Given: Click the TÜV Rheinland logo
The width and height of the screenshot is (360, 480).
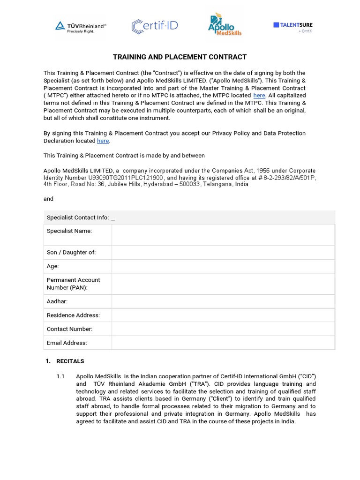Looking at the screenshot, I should pyautogui.click(x=81, y=27).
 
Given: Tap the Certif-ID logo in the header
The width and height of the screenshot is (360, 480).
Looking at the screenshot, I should pyautogui.click(x=155, y=26).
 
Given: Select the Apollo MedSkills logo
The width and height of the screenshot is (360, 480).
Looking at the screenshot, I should pyautogui.click(x=225, y=25).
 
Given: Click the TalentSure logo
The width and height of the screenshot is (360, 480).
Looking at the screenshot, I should pyautogui.click(x=293, y=27).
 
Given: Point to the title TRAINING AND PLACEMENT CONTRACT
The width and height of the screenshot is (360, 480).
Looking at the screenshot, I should pyautogui.click(x=180, y=57).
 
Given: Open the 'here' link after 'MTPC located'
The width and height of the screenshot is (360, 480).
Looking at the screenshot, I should pyautogui.click(x=259, y=96).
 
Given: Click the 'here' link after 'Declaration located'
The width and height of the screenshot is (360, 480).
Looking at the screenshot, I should pyautogui.click(x=103, y=141).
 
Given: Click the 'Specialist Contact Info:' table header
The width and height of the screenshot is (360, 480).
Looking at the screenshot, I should pyautogui.click(x=80, y=217).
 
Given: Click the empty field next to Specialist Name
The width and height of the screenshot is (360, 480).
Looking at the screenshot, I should pyautogui.click(x=223, y=235).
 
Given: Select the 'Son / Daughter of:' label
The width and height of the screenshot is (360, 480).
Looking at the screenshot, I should pyautogui.click(x=71, y=253).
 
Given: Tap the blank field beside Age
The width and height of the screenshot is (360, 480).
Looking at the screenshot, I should pyautogui.click(x=223, y=266).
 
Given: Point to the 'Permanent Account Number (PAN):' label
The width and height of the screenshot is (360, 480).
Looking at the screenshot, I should pyautogui.click(x=73, y=284).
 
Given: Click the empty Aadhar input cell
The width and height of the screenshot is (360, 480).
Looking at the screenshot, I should pyautogui.click(x=223, y=301).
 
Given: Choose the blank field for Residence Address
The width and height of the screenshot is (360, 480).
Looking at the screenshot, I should pyautogui.click(x=223, y=315).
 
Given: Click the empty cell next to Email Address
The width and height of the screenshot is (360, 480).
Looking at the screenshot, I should pyautogui.click(x=223, y=343).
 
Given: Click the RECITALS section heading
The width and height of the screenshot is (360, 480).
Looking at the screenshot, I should pyautogui.click(x=70, y=361).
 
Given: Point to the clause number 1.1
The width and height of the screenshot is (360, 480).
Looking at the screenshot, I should pyautogui.click(x=60, y=376).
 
